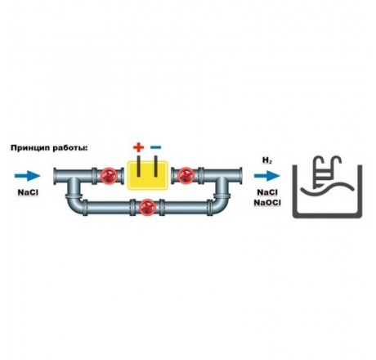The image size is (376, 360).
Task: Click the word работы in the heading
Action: point(69,148)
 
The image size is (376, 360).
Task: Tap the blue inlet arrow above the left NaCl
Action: point(28,176)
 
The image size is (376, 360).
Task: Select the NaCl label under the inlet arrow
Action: point(28,192)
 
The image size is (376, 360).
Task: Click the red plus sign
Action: point(139,147)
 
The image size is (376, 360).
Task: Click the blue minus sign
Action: point(156,147)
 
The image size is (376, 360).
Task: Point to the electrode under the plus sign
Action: point(139,166)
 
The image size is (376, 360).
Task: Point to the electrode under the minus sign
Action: point(156,166)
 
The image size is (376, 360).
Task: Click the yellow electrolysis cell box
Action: point(147,175)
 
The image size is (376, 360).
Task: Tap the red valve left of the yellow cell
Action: point(109,176)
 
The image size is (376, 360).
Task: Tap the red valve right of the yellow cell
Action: point(186,176)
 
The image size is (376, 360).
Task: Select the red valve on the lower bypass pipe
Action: point(147,207)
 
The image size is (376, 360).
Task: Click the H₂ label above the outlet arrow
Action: point(267,160)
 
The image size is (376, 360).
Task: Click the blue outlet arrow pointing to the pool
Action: point(267,176)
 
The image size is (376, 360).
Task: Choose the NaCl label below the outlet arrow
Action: point(267,192)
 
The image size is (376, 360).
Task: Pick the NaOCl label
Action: point(267,203)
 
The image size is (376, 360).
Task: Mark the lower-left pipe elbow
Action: point(74,206)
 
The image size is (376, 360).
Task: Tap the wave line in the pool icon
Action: point(328,188)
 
